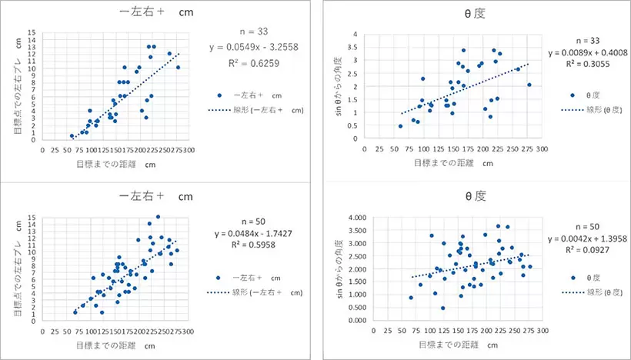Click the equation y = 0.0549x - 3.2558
coord(255,47)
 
